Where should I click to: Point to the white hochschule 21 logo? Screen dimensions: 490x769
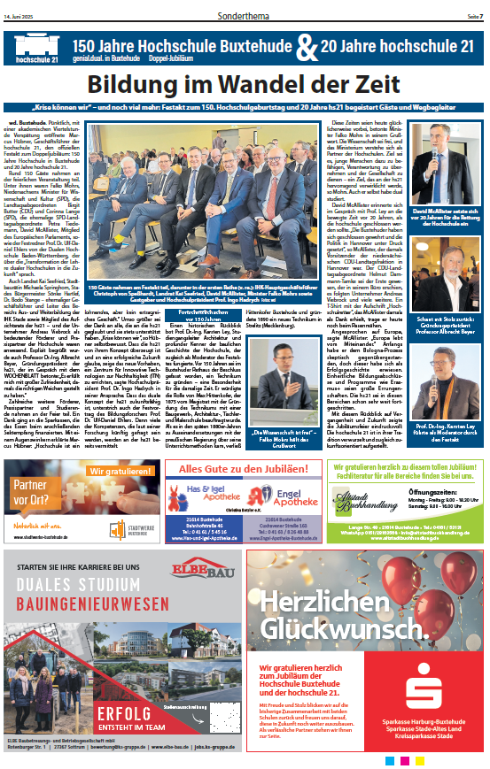click(35, 48)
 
